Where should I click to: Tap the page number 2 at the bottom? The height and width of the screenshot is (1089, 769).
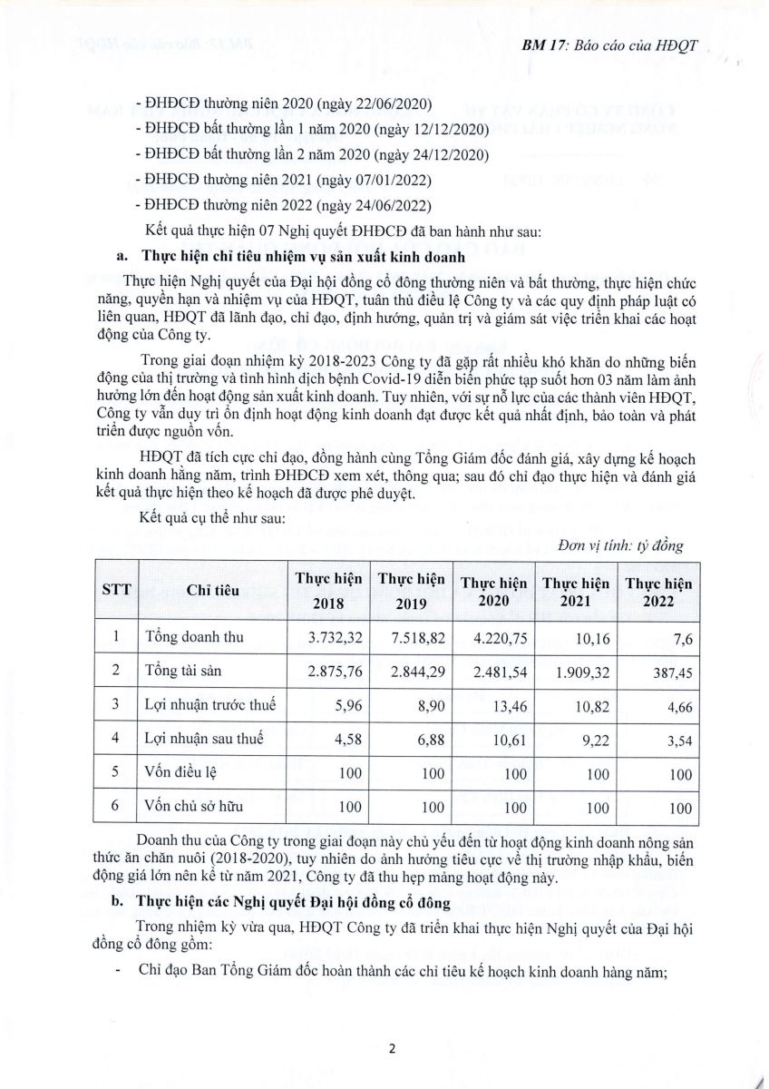(393, 1049)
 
